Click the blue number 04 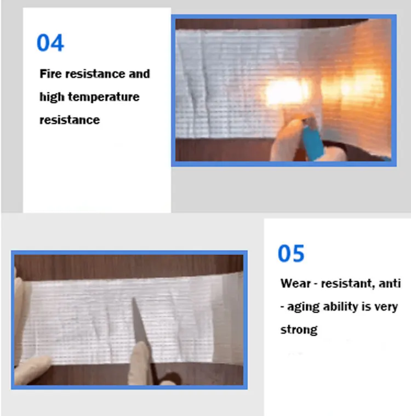point(50,43)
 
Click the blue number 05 point(291,254)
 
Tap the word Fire point(50,74)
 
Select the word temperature point(104,97)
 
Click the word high point(52,97)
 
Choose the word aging point(303,307)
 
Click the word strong point(299,330)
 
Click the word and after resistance point(139,74)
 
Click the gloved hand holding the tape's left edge point(31,369)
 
